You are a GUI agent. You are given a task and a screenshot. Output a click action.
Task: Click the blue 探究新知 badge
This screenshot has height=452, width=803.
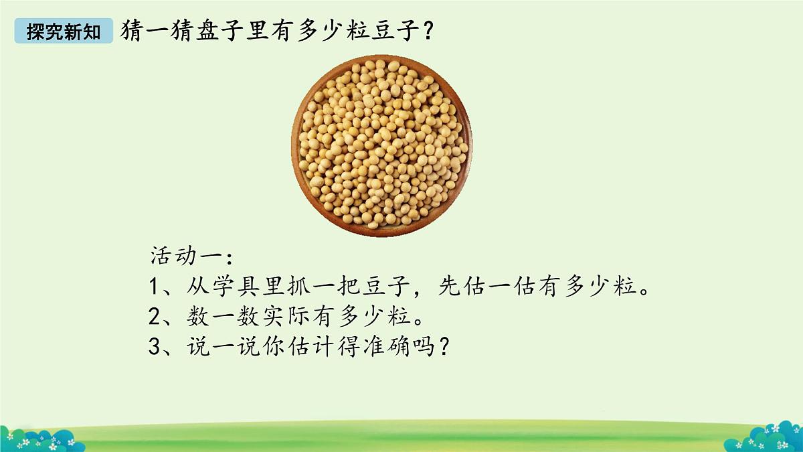click(64, 31)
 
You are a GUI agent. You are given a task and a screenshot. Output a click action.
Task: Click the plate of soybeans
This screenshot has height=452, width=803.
click(381, 146)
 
